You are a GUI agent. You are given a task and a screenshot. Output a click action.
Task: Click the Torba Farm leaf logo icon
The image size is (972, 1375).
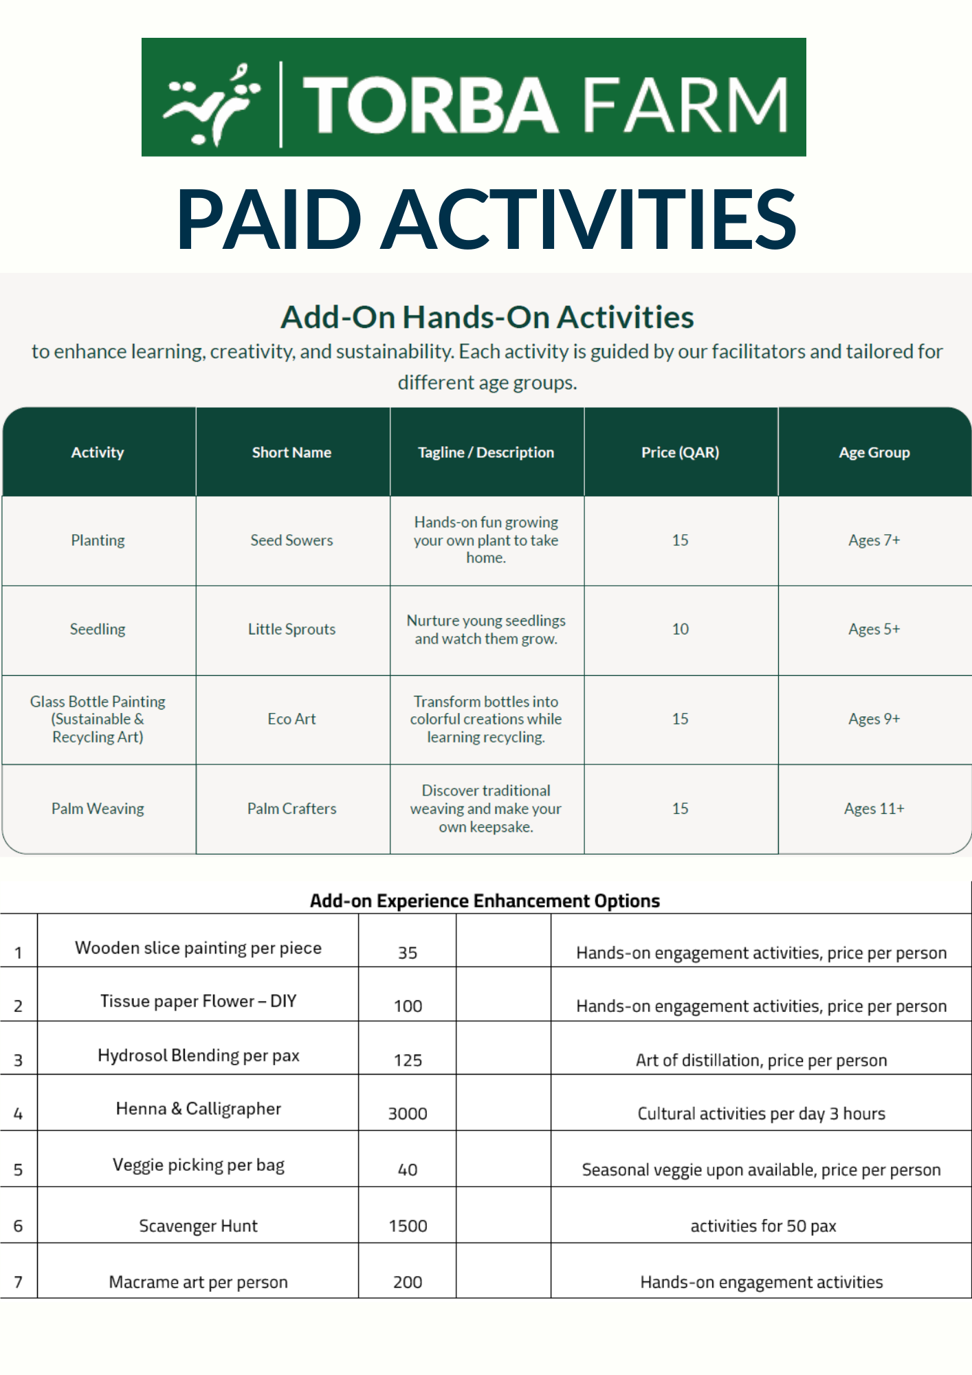coord(212,104)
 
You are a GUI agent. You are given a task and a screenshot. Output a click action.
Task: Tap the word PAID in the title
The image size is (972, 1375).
coord(268,219)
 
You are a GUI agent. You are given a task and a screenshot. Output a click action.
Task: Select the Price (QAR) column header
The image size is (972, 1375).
coord(680,452)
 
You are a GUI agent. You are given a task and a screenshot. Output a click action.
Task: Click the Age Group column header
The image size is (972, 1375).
coord(874,452)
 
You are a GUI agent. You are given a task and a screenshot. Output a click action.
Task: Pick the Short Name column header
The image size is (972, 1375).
coord(291,452)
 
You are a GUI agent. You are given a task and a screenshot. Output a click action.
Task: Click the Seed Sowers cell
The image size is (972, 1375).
coord(291,540)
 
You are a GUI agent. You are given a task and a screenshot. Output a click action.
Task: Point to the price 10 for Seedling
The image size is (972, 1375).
coord(680,629)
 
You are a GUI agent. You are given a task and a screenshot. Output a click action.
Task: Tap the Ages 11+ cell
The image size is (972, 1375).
coord(874,808)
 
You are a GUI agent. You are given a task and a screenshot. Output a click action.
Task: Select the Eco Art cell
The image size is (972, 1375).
coord(291,719)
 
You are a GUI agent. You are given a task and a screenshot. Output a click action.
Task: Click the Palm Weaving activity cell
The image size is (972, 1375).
coord(98,808)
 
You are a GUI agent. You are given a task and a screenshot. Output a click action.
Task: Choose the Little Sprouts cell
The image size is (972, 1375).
coord(291,629)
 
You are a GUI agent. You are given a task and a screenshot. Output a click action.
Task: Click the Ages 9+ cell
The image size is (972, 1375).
coord(874,719)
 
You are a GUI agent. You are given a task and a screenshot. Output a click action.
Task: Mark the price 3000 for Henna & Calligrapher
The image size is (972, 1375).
coord(408,1114)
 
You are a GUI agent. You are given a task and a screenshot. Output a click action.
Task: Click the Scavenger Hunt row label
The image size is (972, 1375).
coord(198,1226)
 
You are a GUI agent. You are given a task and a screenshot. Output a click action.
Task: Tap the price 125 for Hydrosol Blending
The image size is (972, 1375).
coord(408,1060)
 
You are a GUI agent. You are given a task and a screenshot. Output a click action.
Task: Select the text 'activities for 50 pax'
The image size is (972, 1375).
coord(763,1226)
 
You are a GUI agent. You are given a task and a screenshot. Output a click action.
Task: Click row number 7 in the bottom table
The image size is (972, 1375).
coord(19,1282)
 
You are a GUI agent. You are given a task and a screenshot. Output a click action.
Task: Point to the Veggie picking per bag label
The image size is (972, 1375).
coord(198,1165)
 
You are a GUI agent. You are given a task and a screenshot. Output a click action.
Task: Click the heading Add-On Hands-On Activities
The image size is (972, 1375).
coord(487,318)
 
